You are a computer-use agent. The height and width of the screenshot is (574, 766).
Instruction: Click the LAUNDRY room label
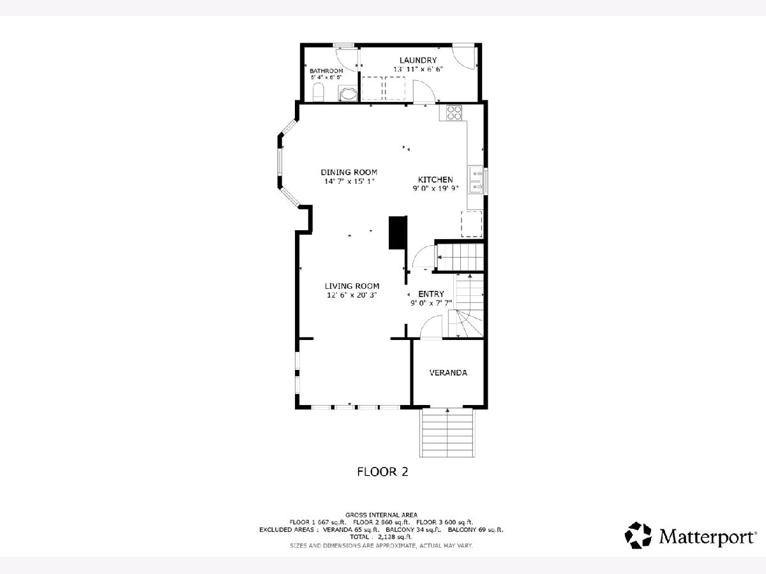pos(418,61)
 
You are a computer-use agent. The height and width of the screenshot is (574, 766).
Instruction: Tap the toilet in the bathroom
pos(318,92)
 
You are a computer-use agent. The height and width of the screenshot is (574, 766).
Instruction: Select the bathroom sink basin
pos(348,94)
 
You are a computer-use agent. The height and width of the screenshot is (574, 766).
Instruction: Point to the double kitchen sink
pos(476,179)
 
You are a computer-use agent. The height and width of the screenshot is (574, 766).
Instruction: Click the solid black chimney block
pos(398,232)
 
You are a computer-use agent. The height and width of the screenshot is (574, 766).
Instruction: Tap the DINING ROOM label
pos(349,172)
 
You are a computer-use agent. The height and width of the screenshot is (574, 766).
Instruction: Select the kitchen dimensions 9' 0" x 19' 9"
pos(435,189)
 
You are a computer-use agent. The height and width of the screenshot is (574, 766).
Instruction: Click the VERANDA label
pos(448,372)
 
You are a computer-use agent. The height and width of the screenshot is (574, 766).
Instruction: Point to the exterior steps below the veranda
pos(447,432)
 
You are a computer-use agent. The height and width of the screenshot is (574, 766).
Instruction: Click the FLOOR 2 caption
pos(382,471)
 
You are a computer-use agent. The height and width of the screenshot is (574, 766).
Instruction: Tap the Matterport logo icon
pos(638,535)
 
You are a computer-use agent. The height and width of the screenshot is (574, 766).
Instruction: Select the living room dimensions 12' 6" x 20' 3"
pos(352,295)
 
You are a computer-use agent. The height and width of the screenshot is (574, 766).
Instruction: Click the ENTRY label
pos(431,294)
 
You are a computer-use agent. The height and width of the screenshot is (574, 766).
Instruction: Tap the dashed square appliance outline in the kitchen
pos(472,224)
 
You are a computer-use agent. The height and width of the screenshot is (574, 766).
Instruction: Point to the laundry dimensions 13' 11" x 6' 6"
pos(418,69)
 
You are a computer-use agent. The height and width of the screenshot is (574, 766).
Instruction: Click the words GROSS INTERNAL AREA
pos(382,515)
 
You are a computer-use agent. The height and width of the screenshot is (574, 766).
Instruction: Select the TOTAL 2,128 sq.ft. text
pos(381,537)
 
